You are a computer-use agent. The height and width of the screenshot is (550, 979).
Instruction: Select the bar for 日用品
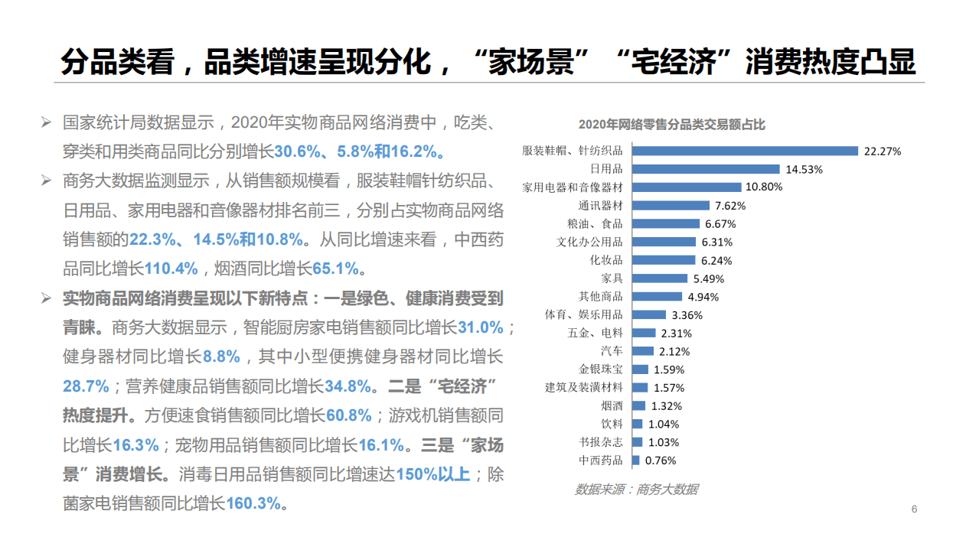click(x=706, y=169)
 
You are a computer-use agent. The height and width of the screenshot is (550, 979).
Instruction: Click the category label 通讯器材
click(x=601, y=206)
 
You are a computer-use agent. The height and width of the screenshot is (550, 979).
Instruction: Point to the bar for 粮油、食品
click(x=665, y=224)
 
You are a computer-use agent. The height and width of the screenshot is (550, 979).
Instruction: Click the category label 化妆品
click(x=606, y=260)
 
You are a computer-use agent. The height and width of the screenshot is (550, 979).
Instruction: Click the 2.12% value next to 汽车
click(x=674, y=352)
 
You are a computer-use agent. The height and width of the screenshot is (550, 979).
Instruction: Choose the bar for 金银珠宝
click(x=640, y=369)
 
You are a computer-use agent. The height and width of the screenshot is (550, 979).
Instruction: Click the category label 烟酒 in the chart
click(x=612, y=406)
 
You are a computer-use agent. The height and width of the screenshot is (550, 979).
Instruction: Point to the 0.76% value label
click(x=661, y=461)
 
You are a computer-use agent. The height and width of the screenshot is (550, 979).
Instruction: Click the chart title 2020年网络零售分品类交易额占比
click(x=671, y=125)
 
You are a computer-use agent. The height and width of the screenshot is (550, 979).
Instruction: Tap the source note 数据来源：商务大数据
click(x=636, y=490)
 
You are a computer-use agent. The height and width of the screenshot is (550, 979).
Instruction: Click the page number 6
click(x=913, y=510)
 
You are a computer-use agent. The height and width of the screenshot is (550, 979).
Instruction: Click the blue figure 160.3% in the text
click(x=253, y=503)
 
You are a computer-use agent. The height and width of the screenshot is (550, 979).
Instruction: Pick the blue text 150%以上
click(x=432, y=474)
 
